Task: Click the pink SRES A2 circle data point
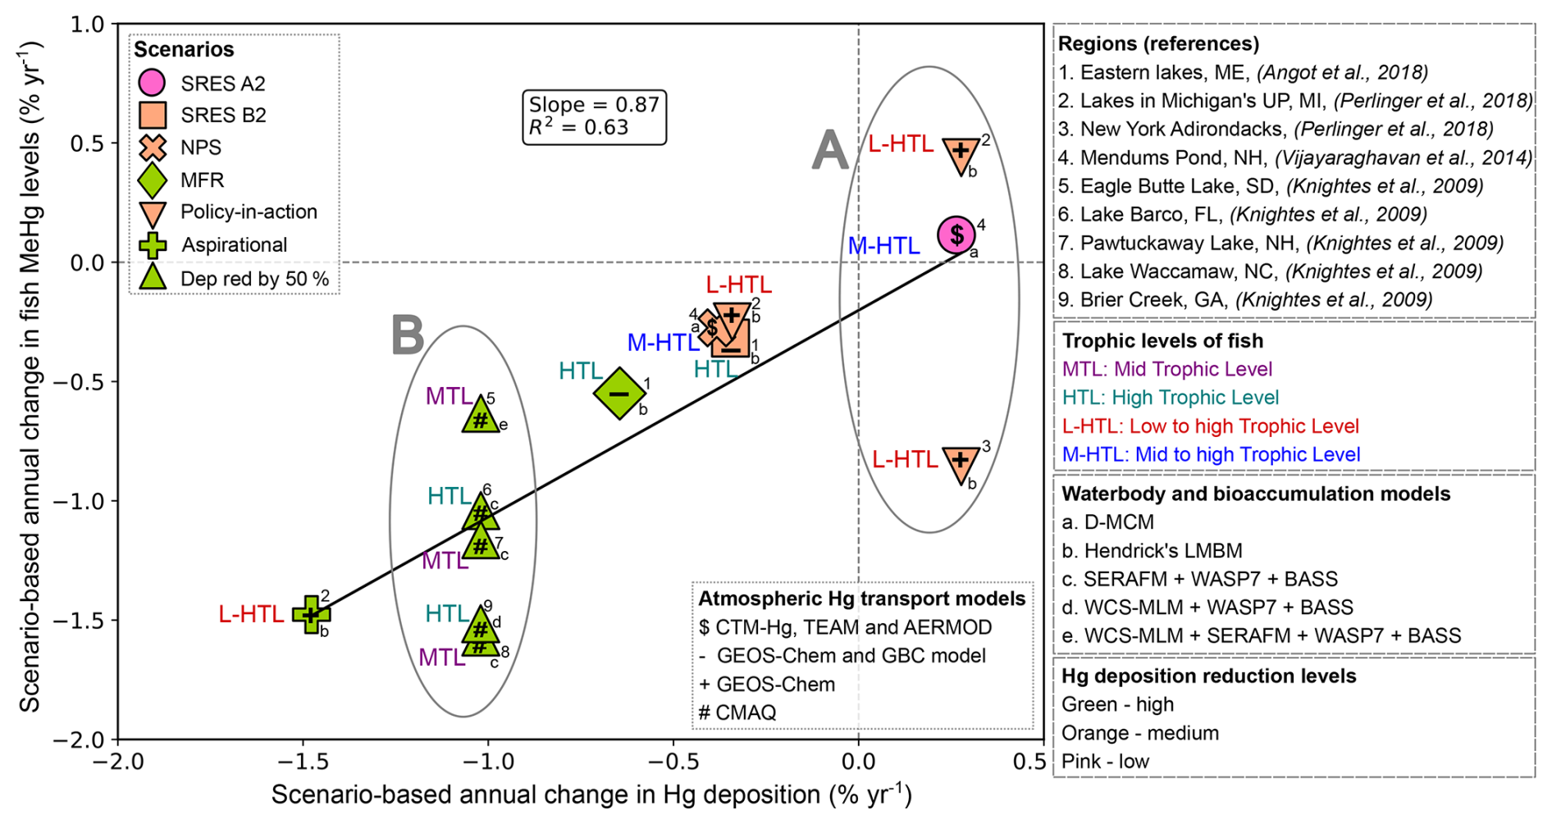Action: [956, 235]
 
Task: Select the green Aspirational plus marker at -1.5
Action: [311, 614]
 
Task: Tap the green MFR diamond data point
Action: [619, 394]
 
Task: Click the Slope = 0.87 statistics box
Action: [594, 116]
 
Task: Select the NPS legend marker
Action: [153, 148]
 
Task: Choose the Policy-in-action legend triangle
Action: [153, 213]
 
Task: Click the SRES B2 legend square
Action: [153, 116]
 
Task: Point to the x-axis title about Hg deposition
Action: [591, 794]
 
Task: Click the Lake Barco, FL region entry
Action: [1242, 215]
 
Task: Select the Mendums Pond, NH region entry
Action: [1294, 157]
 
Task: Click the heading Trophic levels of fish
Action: [1162, 341]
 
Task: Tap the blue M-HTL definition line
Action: [1211, 454]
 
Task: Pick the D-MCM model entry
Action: [1107, 522]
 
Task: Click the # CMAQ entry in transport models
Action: [737, 712]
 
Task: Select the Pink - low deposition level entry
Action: [1105, 762]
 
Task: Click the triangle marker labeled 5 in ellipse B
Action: [481, 415]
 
